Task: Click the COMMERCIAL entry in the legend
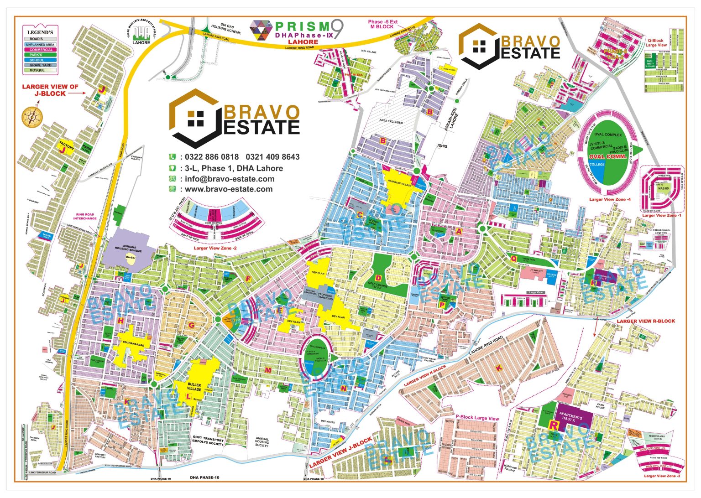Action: click(x=41, y=50)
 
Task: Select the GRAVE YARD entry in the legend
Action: click(x=41, y=65)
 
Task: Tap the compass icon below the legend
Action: click(x=31, y=116)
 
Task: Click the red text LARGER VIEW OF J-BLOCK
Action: click(x=50, y=90)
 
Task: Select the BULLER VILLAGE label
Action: click(x=194, y=387)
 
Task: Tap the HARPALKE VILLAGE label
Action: click(x=400, y=186)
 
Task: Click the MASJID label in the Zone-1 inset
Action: click(x=663, y=188)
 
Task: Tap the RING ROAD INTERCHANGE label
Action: click(x=85, y=216)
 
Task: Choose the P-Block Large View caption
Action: click(x=477, y=418)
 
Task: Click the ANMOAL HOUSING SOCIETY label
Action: click(x=262, y=442)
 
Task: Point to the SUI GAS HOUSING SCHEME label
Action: click(x=226, y=29)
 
